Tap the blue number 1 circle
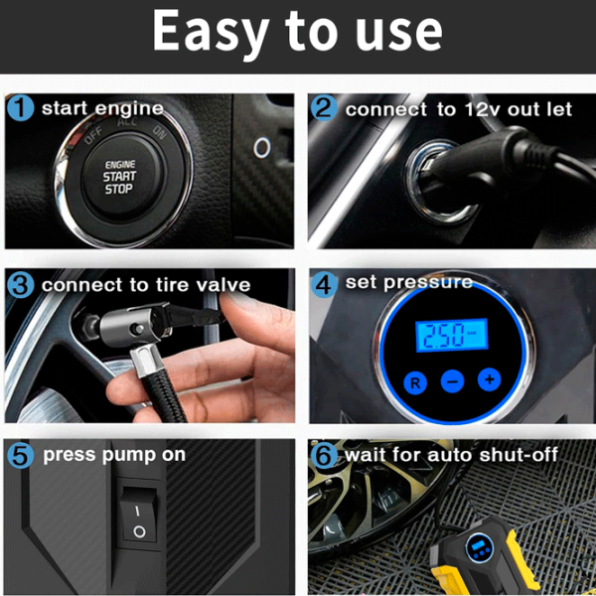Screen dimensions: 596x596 tap(21, 107)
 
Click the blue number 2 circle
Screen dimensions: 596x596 tap(324, 108)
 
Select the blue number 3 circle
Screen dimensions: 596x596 tap(21, 284)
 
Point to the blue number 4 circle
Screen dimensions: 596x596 tap(324, 283)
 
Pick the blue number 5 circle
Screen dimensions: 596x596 tap(21, 455)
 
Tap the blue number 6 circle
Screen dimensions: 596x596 tap(324, 455)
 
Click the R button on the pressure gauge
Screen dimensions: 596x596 tap(415, 382)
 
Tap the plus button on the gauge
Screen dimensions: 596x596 tap(489, 379)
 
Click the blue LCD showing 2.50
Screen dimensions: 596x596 tap(452, 335)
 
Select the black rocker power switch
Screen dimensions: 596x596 tap(138, 514)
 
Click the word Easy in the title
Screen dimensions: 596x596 tap(211, 31)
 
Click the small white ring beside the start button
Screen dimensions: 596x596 tap(262, 147)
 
